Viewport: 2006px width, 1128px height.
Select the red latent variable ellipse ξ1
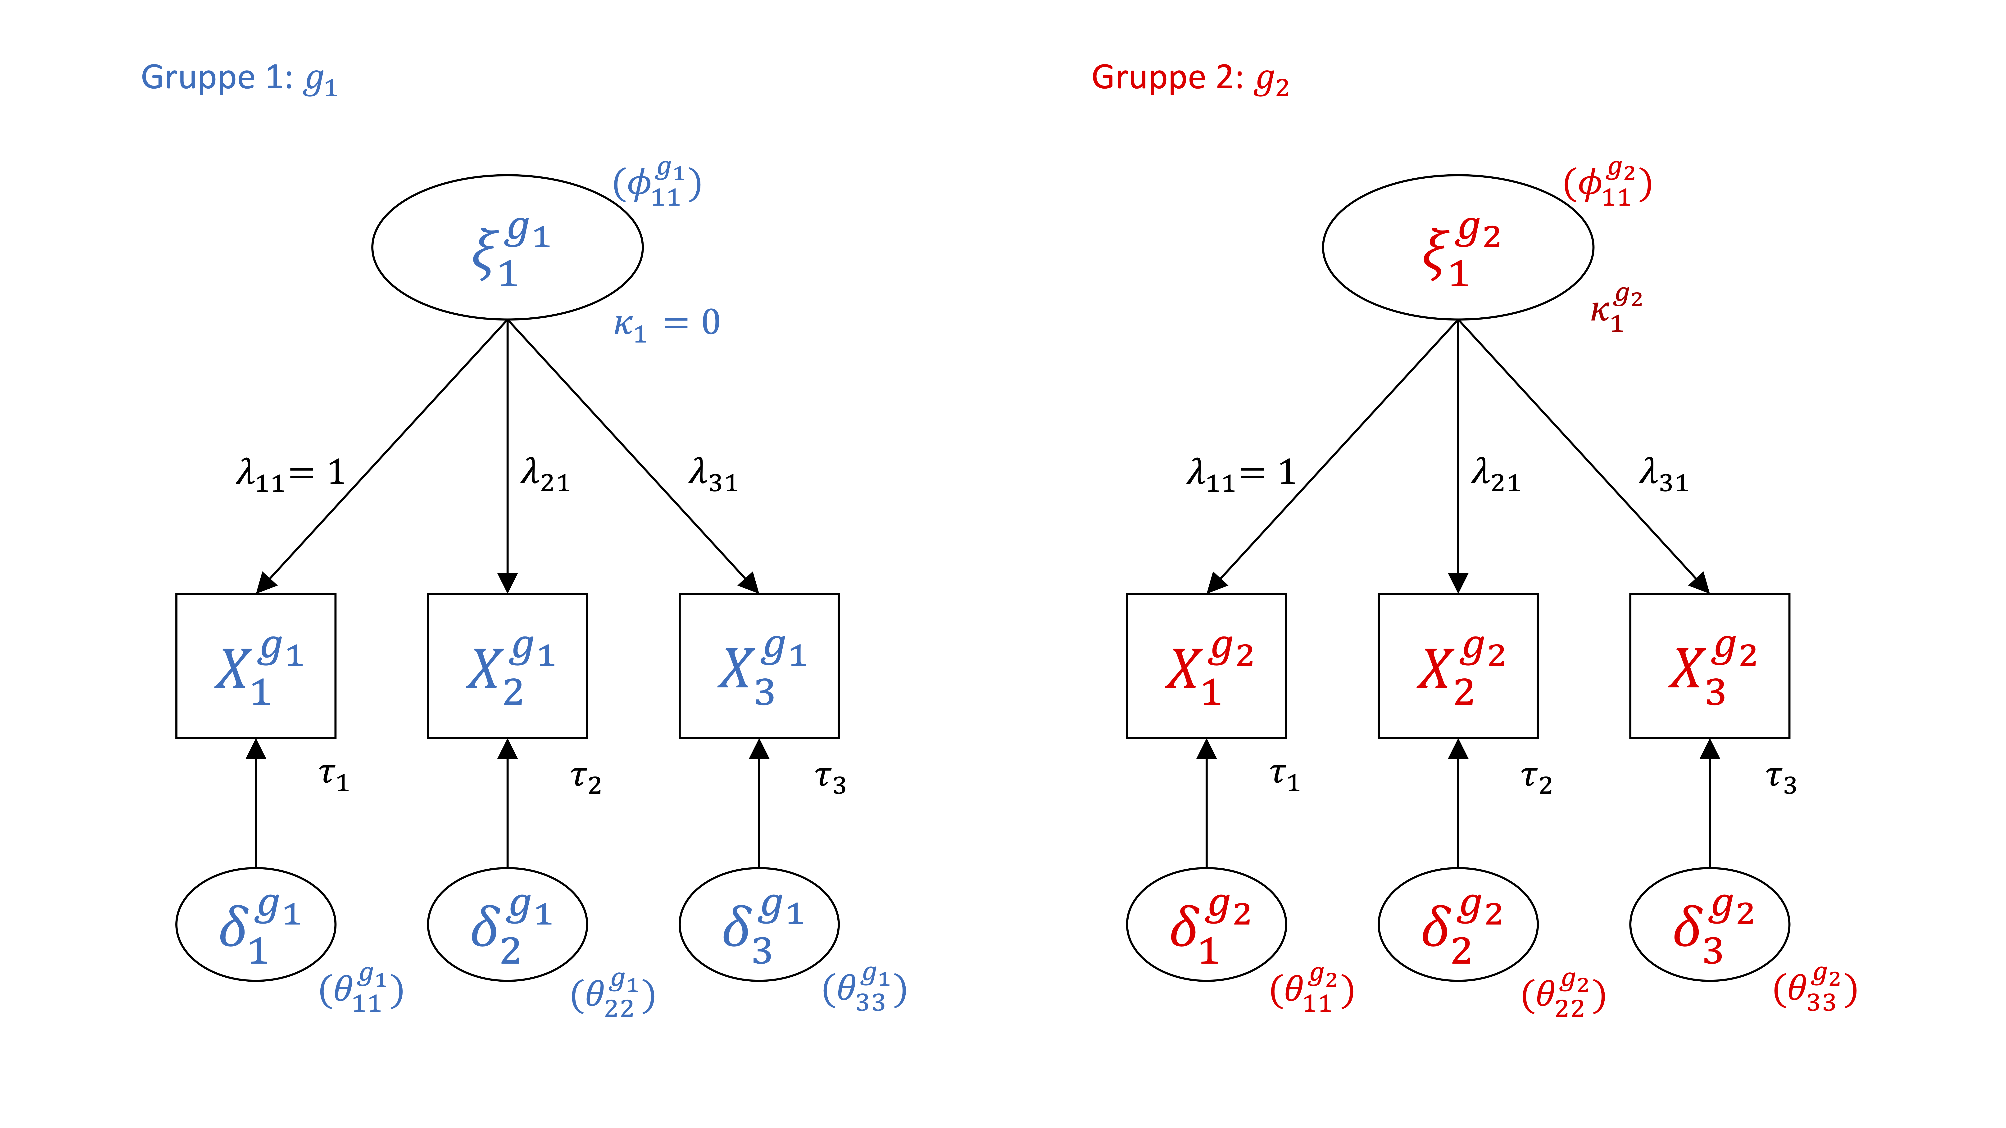coord(1458,248)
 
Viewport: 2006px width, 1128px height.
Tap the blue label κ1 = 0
coord(667,323)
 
